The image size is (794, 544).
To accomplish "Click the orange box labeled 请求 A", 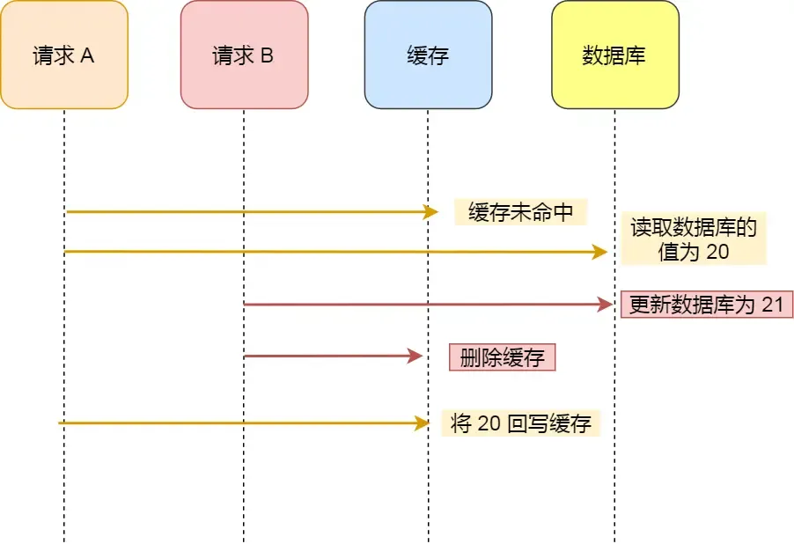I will [64, 55].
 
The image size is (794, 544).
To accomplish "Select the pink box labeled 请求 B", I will [244, 55].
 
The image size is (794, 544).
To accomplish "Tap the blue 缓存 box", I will [428, 55].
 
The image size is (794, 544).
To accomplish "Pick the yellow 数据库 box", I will [614, 55].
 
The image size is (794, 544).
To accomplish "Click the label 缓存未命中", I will [520, 212].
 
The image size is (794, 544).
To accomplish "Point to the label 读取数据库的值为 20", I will [694, 239].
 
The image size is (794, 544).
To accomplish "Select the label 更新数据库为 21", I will [707, 305].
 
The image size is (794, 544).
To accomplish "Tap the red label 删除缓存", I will [503, 357].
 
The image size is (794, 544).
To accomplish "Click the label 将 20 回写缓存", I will [520, 423].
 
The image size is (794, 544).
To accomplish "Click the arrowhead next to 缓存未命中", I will [431, 212].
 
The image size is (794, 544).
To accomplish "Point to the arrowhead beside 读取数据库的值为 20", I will [600, 253].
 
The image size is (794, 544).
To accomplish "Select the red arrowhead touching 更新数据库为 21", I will [606, 305].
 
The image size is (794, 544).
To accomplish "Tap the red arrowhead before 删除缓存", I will [416, 357].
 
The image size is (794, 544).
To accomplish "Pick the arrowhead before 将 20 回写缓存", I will [422, 423].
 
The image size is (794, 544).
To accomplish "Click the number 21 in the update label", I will [772, 305].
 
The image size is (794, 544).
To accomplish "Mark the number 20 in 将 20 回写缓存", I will [489, 423].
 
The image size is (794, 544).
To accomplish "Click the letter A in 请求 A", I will [88, 56].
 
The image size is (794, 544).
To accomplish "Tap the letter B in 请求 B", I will [267, 56].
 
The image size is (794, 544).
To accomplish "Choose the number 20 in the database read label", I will [717, 252].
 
